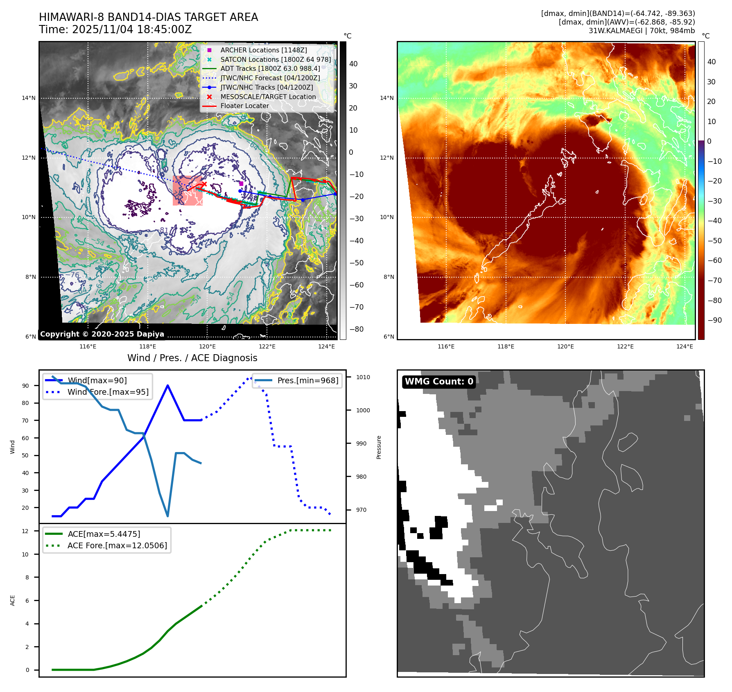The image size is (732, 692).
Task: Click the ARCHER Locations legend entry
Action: click(263, 50)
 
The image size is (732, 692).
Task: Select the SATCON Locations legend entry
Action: click(275, 59)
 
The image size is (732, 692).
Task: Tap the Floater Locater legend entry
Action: click(244, 106)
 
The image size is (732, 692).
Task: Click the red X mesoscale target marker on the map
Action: click(204, 185)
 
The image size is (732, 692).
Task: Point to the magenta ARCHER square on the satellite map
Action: click(241, 184)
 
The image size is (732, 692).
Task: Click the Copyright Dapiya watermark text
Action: click(102, 334)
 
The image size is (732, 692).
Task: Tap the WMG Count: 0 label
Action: click(439, 382)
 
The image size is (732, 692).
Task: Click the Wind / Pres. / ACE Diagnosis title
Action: click(192, 358)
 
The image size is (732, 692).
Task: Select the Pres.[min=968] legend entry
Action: click(307, 380)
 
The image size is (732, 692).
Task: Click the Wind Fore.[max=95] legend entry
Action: click(108, 392)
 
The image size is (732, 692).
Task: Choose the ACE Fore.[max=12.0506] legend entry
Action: click(117, 545)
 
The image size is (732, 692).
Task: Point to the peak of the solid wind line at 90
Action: click(168, 385)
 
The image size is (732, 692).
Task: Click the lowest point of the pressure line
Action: click(168, 516)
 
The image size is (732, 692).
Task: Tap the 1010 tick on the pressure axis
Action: click(363, 377)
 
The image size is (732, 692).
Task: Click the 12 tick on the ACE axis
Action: click(25, 531)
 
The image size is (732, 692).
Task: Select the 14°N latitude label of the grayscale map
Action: click(29, 98)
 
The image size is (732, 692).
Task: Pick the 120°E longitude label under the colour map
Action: click(565, 346)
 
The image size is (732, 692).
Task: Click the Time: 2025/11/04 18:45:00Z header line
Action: click(115, 29)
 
